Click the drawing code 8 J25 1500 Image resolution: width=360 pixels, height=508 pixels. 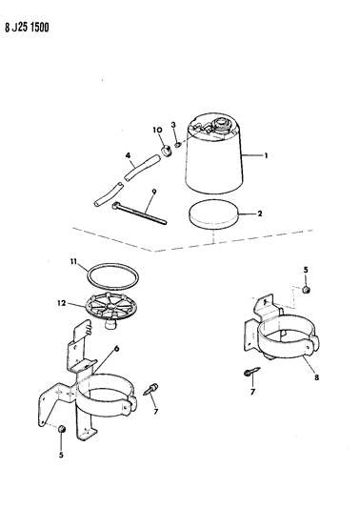point(27,28)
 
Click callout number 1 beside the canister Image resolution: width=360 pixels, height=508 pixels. point(266,156)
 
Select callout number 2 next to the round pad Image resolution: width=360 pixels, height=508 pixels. point(260,213)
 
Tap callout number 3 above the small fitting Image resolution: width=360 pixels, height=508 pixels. point(173,125)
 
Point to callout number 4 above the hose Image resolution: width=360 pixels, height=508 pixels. point(129,156)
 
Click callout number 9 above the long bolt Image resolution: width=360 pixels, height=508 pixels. point(153,192)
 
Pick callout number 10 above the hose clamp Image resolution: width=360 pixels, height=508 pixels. point(157,130)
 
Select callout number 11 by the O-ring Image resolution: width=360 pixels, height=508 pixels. point(74,261)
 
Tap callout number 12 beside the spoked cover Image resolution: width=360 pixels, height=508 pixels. point(62,304)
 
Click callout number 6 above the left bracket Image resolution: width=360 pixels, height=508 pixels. point(117,349)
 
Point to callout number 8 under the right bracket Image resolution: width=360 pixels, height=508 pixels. point(316,377)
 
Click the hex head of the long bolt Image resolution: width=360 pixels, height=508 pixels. point(115,206)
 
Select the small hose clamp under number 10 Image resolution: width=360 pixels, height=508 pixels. point(166,151)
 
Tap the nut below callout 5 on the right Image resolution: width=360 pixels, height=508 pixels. point(306,290)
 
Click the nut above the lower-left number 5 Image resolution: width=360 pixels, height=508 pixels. point(62,429)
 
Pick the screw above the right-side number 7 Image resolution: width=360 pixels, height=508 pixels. point(251,372)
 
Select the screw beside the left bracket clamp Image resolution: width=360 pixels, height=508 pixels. point(150,389)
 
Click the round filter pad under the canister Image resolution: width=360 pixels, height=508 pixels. point(213,215)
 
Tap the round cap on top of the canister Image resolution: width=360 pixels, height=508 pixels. point(221,124)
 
